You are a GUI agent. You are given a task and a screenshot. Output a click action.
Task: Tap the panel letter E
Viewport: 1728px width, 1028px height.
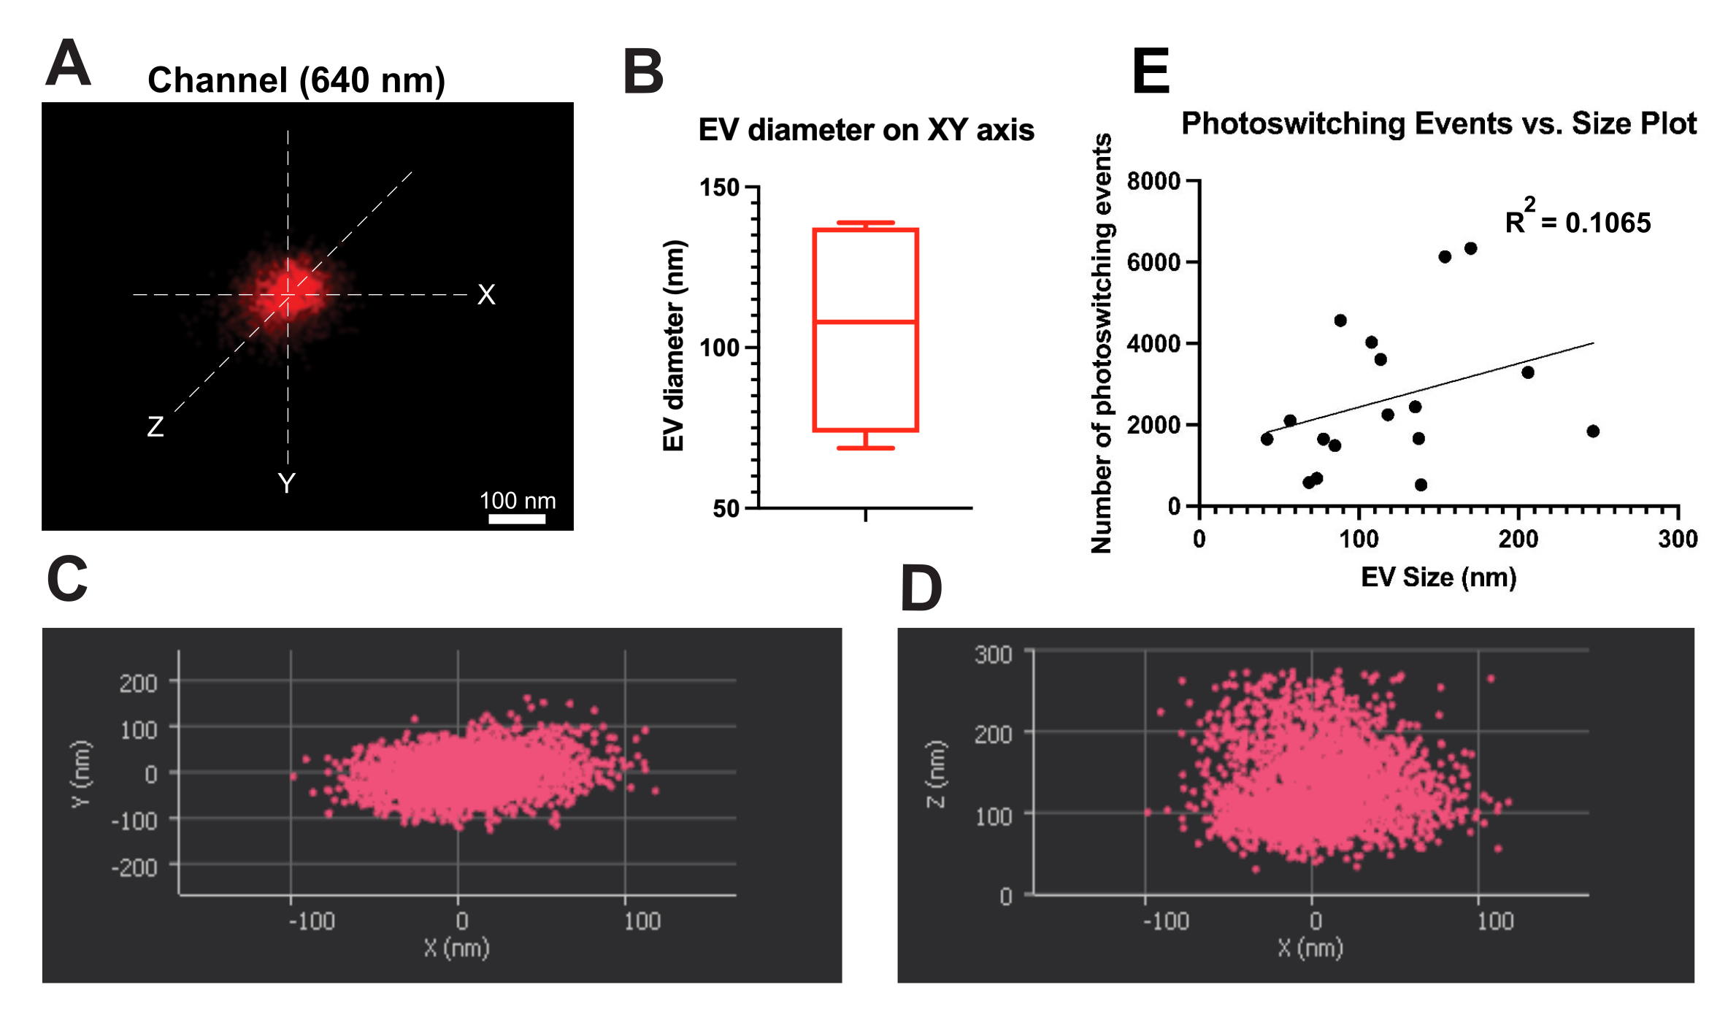1151,71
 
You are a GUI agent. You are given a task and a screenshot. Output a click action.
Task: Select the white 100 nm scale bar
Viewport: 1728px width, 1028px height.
517,518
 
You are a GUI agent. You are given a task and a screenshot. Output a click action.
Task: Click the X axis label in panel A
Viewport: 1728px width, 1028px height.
486,295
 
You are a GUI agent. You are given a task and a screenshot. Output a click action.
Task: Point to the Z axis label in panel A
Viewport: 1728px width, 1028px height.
155,426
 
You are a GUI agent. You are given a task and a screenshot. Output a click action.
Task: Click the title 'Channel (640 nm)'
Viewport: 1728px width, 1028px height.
296,80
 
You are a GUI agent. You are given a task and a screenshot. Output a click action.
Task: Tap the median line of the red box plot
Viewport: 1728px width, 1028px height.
865,321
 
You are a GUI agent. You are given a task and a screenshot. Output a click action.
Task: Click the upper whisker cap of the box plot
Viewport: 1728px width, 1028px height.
865,223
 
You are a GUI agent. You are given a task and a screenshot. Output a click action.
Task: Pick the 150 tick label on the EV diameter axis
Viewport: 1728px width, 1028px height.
720,188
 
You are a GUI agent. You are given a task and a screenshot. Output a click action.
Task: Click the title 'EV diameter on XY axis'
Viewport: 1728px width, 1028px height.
866,130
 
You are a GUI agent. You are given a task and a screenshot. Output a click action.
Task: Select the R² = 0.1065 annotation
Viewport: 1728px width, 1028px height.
1577,220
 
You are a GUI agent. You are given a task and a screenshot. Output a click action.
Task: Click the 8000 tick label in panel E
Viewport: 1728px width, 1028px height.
1153,180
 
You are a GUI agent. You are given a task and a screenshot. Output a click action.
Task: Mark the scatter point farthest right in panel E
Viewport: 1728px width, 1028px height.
1593,431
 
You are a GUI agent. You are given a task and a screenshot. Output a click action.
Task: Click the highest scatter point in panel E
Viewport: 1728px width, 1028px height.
1470,249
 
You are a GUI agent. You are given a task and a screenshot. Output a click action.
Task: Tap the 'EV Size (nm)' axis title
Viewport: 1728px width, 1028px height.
1438,578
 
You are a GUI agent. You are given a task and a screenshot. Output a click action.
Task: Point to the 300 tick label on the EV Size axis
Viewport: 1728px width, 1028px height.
1678,539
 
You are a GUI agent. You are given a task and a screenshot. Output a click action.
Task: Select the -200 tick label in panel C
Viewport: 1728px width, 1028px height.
134,868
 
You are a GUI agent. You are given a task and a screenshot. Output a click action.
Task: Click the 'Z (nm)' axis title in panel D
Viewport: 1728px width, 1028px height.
936,774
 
